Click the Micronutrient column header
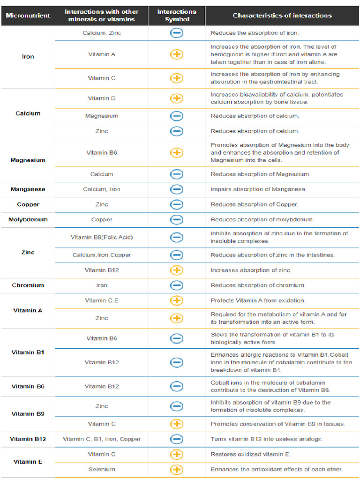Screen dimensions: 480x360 coord(28,15)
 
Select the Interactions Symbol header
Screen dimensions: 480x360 coord(177,15)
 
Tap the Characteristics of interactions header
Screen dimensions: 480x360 coord(282,15)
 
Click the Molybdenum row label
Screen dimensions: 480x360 coord(28,219)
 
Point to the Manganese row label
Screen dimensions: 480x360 coord(28,189)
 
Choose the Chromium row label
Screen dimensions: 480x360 coord(28,285)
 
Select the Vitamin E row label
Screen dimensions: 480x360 coord(28,462)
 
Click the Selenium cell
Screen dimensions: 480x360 coord(102,469)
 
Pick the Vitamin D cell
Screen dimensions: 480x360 coord(102,98)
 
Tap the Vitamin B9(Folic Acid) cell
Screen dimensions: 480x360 coord(102,237)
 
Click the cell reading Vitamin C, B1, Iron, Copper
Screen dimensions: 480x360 coord(102,439)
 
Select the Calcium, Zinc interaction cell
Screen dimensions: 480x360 coord(102,33)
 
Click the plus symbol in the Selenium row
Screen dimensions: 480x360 coord(177,469)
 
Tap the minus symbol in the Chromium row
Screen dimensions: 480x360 coord(177,285)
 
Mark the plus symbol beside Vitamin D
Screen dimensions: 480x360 coord(177,98)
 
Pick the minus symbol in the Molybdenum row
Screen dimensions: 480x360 coord(177,219)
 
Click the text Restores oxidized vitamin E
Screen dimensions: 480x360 coord(250,454)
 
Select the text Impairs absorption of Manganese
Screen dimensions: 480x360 coord(258,189)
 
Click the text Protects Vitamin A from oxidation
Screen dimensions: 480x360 coord(258,300)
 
